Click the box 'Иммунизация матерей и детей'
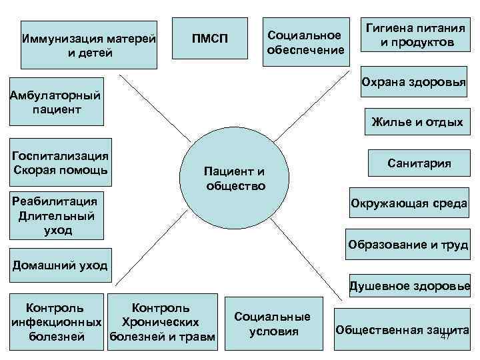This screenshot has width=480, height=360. [89, 43]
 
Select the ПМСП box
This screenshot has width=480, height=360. [210, 39]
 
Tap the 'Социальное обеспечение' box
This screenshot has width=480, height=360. [305, 42]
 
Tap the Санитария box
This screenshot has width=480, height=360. [419, 163]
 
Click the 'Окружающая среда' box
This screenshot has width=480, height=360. [409, 203]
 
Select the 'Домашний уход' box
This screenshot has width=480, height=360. [58, 265]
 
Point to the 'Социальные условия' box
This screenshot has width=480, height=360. [273, 324]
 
